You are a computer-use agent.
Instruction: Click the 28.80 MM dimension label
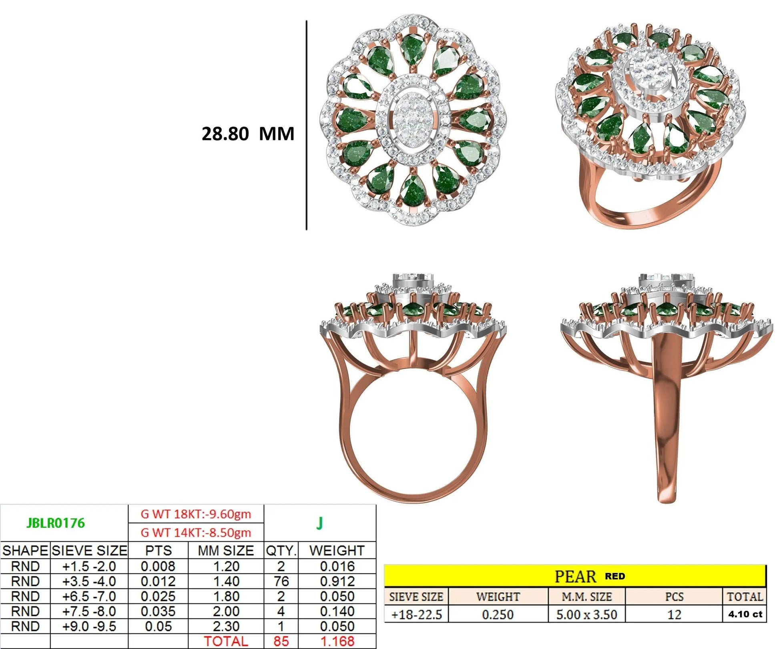pos(248,134)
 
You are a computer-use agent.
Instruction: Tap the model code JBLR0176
pos(56,523)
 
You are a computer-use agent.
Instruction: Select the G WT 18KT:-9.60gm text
pos(196,514)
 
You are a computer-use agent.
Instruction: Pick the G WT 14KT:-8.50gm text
pos(196,533)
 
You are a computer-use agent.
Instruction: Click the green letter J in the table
pos(319,523)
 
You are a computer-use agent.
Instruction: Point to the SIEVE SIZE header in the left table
pos(89,551)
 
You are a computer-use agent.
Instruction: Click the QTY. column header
pos(281,551)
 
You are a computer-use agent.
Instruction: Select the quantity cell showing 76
pos(281,581)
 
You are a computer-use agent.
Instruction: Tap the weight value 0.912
pos(337,581)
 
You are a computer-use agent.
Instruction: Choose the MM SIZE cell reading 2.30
pos(226,626)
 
